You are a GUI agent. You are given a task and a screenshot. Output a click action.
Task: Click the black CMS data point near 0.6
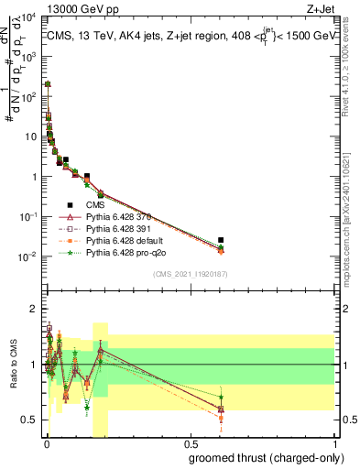click(221, 240)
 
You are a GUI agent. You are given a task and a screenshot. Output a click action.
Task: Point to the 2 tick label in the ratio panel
click(33, 308)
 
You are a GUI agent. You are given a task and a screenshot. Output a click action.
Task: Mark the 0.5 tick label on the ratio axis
click(29, 420)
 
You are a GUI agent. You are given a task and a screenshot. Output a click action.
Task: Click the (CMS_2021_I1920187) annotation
click(190, 274)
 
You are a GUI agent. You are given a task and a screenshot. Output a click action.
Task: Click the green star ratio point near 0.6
click(221, 397)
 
